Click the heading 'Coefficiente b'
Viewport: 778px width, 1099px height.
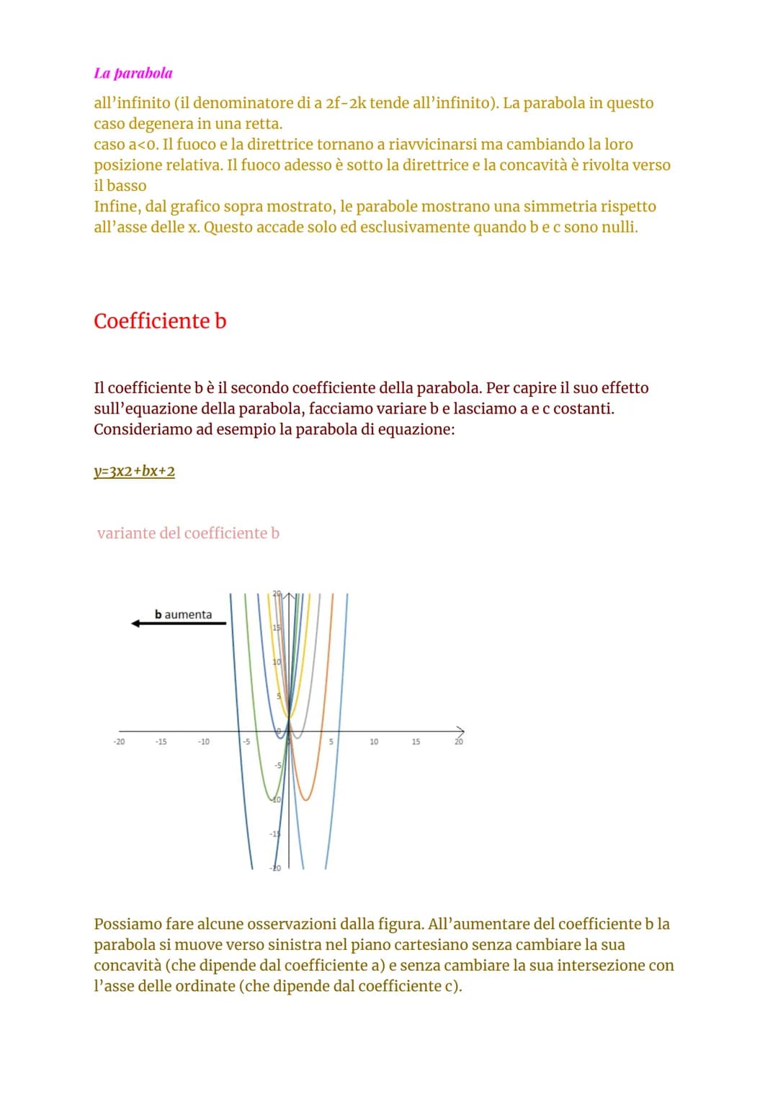(160, 321)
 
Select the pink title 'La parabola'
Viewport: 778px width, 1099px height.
(133, 73)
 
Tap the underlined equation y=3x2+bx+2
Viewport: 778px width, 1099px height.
(135, 472)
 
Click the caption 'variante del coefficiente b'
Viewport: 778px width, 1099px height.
(188, 534)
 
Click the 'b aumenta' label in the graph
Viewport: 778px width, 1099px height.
(183, 614)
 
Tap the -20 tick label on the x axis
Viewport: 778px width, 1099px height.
(119, 742)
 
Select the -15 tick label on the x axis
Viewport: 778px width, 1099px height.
(161, 742)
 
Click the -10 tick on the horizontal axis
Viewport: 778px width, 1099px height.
(204, 742)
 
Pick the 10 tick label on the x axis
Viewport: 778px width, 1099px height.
(374, 742)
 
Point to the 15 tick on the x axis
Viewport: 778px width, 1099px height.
(416, 742)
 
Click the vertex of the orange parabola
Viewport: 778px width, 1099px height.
(306, 799)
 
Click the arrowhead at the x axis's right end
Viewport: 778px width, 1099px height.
(460, 731)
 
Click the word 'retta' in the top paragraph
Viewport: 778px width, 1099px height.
(262, 124)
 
